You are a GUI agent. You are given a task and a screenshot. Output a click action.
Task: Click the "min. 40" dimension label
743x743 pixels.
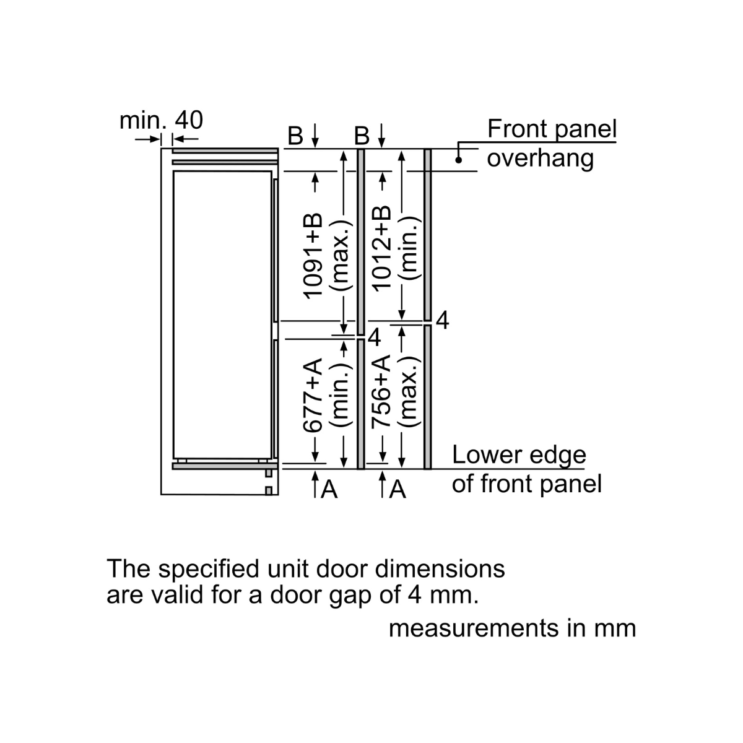(161, 120)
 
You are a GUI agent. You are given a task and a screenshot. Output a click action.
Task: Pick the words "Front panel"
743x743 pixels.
(552, 129)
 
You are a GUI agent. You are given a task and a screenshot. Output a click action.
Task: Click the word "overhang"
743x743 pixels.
(540, 159)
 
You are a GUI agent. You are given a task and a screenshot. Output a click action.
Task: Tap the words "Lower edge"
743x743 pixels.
(519, 455)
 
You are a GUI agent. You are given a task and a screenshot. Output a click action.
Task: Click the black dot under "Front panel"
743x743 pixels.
(459, 160)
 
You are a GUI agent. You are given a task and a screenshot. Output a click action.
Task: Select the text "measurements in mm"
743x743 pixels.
(512, 628)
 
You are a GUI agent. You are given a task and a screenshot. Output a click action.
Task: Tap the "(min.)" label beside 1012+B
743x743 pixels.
(409, 248)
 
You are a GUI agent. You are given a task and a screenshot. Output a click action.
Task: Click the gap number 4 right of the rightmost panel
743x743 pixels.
(442, 321)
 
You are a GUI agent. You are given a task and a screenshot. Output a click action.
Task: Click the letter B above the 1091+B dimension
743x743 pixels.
(296, 135)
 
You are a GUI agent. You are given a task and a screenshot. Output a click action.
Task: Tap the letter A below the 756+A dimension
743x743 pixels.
(398, 490)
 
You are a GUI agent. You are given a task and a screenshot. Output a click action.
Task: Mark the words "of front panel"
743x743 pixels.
(526, 484)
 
